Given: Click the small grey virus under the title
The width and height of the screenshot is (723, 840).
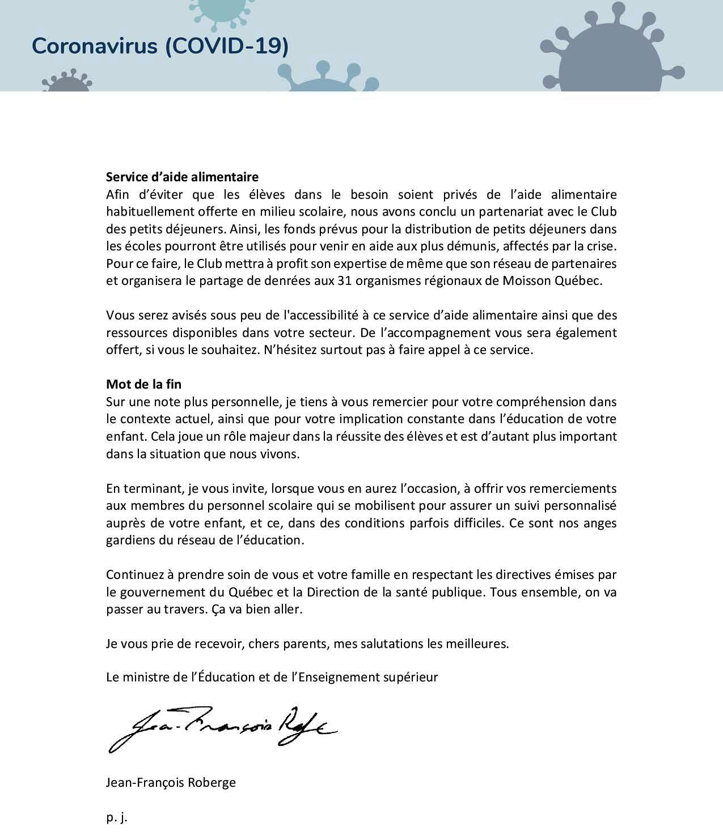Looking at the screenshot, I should click(x=66, y=83).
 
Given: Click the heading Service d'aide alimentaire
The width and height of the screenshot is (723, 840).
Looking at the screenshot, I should click(x=182, y=177).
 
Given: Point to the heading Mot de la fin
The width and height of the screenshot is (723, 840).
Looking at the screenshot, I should click(x=143, y=384).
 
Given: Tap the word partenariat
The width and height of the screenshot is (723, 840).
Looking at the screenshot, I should click(x=517, y=212).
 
